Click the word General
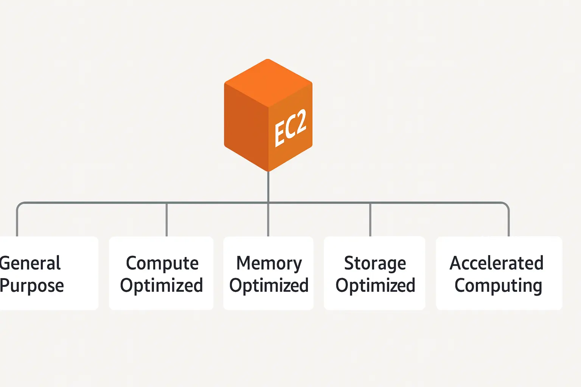click(30, 263)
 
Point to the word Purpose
click(32, 286)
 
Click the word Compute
click(162, 263)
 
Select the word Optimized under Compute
click(162, 286)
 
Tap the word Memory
click(269, 263)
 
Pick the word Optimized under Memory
click(269, 286)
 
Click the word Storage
click(375, 263)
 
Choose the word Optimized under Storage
click(375, 286)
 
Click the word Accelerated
click(496, 263)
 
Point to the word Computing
click(498, 286)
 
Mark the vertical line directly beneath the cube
click(268, 187)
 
